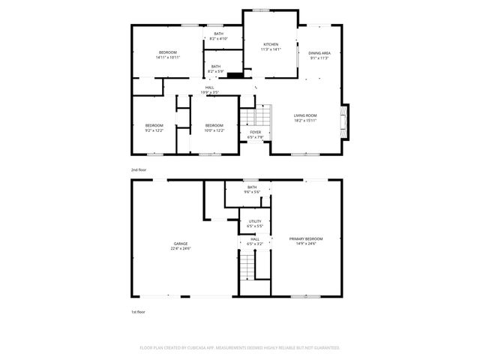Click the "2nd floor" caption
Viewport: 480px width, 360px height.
click(x=139, y=170)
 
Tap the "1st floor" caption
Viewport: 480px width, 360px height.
click(x=139, y=311)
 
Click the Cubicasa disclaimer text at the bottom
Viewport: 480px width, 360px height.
click(x=240, y=348)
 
